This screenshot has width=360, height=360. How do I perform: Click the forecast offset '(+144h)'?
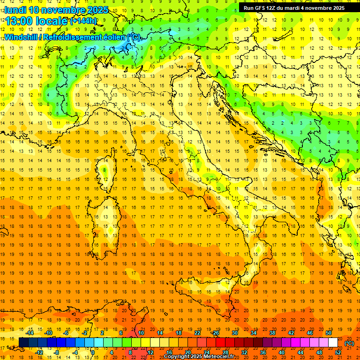[x=83, y=21]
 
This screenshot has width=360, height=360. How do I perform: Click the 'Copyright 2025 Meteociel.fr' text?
[x=199, y=357]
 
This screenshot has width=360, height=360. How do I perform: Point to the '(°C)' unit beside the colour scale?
[x=349, y=343]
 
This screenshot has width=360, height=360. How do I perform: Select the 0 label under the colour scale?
[x=93, y=352]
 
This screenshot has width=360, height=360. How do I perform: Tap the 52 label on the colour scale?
[x=338, y=352]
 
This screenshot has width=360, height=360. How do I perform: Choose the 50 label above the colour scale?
[x=328, y=333]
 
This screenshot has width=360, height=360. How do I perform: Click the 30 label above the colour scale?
[x=234, y=333]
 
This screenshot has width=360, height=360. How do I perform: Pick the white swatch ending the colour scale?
[x=333, y=343]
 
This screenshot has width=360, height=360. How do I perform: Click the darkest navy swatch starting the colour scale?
[x=23, y=343]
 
